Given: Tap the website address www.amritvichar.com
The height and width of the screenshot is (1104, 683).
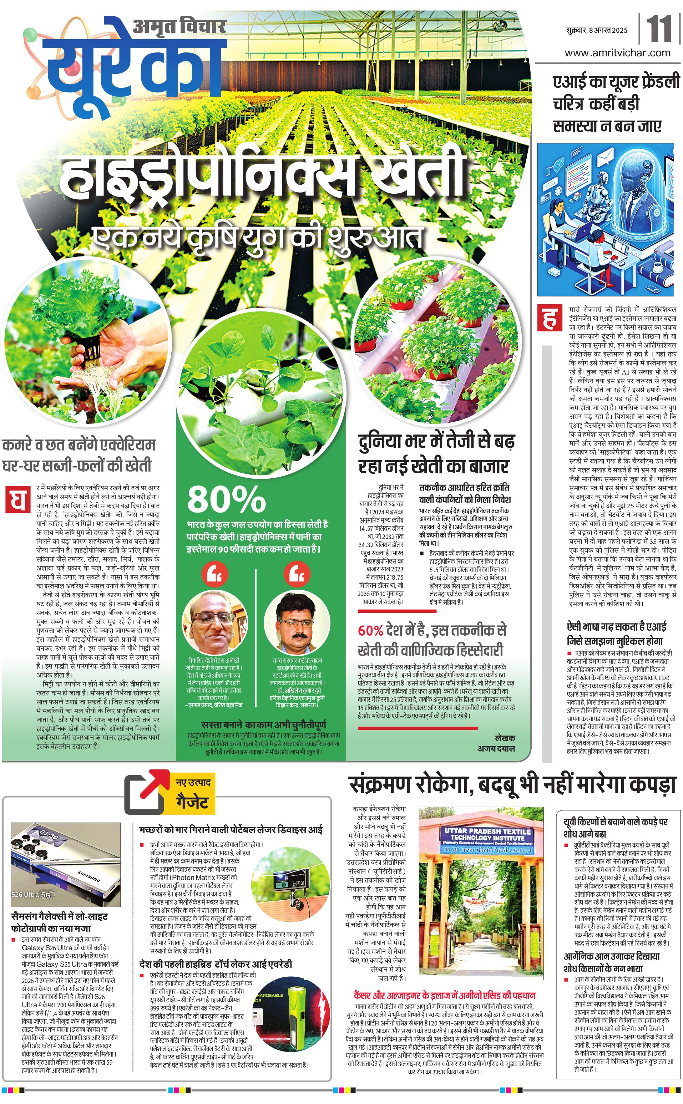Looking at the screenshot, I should [x=617, y=52].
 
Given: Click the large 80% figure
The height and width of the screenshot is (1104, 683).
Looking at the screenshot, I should [x=226, y=499].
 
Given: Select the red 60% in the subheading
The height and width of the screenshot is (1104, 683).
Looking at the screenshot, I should [x=370, y=630].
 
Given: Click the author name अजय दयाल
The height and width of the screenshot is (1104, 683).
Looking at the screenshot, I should [x=496, y=748].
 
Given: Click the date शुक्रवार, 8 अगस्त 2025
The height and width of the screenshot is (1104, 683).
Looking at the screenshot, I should [x=596, y=30].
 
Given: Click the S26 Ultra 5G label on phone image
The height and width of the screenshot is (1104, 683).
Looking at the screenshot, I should [x=32, y=894].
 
